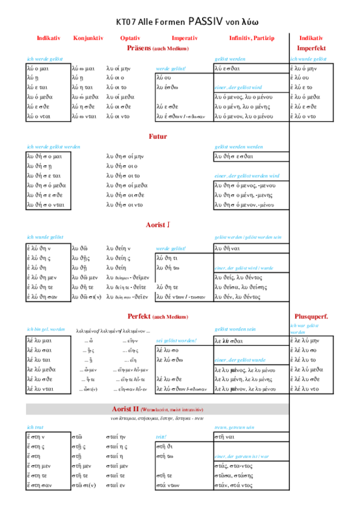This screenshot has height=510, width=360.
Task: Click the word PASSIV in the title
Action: tap(205, 22)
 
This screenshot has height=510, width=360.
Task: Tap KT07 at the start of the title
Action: tap(126, 22)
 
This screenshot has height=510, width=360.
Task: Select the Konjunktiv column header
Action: tap(88, 38)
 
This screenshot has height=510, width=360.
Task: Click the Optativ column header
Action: tap(130, 38)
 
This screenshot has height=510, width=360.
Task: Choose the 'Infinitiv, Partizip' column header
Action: tap(251, 38)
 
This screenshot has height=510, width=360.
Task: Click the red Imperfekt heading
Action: tap(311, 48)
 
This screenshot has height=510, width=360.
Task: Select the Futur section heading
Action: tap(158, 136)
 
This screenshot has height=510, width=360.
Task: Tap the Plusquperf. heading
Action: tap(311, 316)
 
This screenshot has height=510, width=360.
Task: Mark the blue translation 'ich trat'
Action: tap(35, 427)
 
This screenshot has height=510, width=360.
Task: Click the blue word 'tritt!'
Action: tap(161, 437)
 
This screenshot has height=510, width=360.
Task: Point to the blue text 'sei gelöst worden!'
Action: tap(175, 340)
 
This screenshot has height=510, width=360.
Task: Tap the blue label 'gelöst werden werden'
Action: tap(238, 147)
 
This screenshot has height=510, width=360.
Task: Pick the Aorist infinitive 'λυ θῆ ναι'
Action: tap(227, 248)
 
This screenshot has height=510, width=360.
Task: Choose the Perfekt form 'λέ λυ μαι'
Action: tap(39, 341)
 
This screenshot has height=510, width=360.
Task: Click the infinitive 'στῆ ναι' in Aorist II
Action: tap(225, 436)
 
